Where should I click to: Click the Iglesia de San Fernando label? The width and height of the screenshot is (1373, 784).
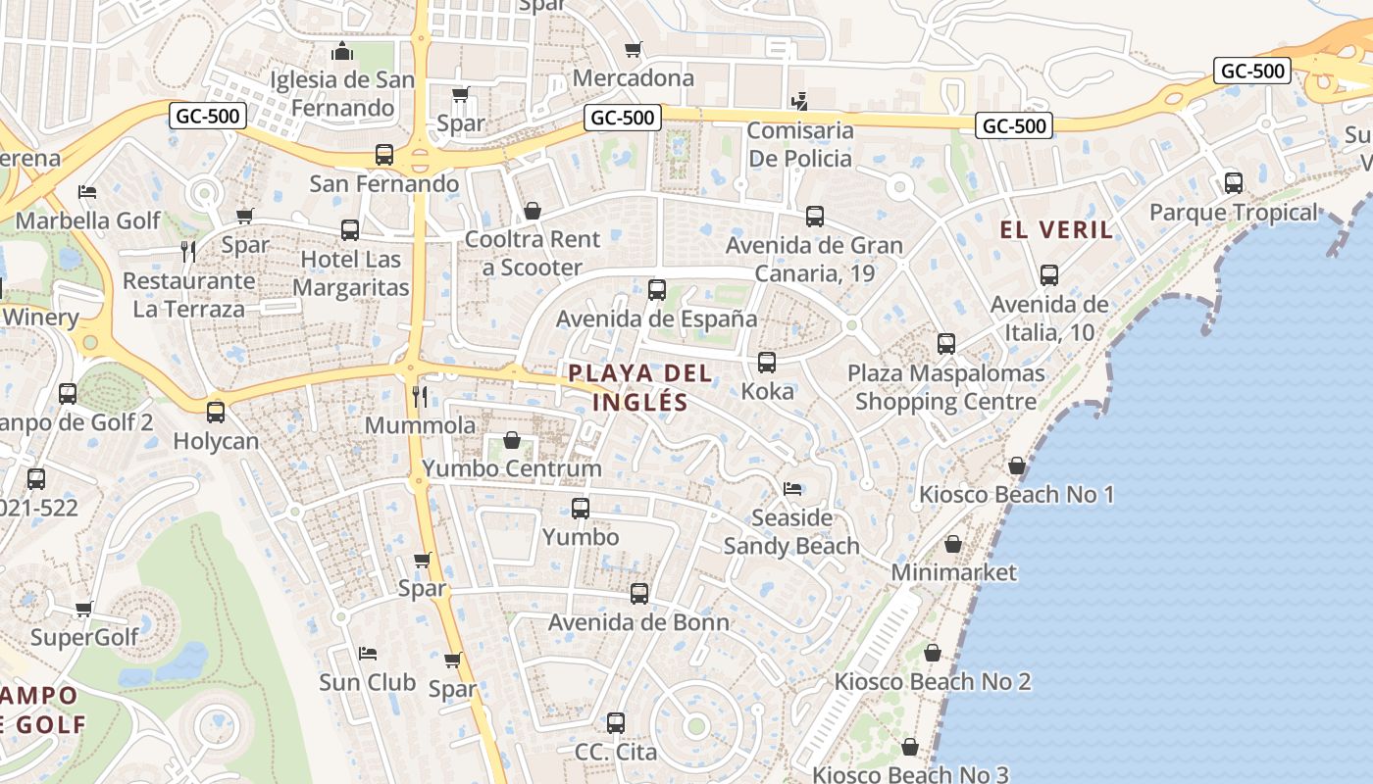click(x=342, y=94)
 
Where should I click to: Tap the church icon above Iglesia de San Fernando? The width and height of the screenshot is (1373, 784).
click(x=342, y=51)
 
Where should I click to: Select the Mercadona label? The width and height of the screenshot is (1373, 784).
click(x=633, y=77)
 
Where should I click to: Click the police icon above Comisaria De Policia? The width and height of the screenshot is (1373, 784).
click(x=800, y=100)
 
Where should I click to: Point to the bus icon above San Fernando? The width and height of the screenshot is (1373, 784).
click(x=384, y=155)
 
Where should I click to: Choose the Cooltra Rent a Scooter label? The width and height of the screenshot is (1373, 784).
click(x=533, y=253)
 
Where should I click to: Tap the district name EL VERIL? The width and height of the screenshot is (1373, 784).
click(x=1056, y=230)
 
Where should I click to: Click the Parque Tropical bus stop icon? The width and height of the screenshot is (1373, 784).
click(x=1233, y=183)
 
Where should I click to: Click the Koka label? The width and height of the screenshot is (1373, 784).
click(x=767, y=391)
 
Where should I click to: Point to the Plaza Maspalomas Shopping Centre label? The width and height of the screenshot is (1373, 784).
click(x=945, y=387)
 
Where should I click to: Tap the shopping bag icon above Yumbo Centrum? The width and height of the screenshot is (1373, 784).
click(x=511, y=440)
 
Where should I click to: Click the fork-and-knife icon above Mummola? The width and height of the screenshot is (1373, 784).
click(x=420, y=396)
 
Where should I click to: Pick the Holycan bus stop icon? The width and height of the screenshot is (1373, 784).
click(x=216, y=413)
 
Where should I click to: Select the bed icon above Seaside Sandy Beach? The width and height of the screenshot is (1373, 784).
click(x=792, y=488)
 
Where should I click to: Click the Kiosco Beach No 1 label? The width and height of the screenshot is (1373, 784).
click(x=1016, y=494)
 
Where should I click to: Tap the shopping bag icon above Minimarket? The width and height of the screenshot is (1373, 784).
click(x=953, y=544)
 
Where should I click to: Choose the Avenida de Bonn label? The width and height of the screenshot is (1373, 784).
click(x=638, y=622)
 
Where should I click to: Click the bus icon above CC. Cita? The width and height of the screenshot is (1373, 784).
click(x=616, y=723)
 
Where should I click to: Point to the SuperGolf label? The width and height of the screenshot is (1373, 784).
click(x=84, y=638)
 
